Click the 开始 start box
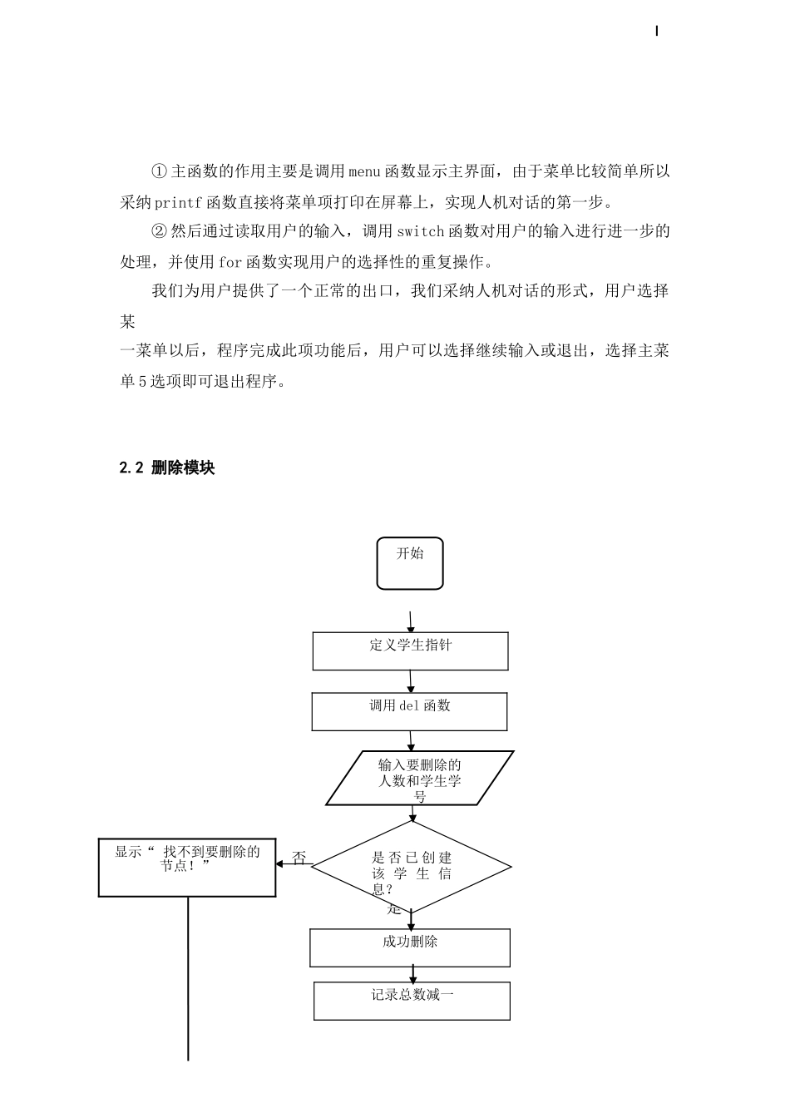click(x=410, y=563)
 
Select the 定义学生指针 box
click(x=410, y=651)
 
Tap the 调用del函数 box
click(x=409, y=712)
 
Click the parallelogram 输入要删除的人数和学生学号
click(x=419, y=779)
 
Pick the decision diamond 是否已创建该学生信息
click(x=412, y=867)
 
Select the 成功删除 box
click(x=410, y=947)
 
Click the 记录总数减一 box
click(x=412, y=1001)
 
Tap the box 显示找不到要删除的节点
click(x=187, y=868)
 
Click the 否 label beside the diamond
click(x=299, y=858)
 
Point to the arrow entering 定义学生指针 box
click(x=411, y=623)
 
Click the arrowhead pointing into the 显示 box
click(x=280, y=863)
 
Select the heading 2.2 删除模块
click(x=167, y=468)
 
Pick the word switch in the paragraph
click(x=421, y=231)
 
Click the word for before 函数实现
click(x=230, y=262)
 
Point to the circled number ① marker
click(x=160, y=172)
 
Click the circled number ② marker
click(x=160, y=231)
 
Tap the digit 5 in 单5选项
click(x=141, y=382)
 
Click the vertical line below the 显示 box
click(x=188, y=982)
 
